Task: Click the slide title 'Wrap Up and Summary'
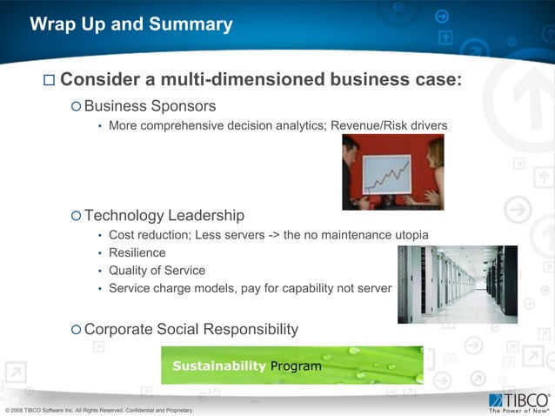click(x=131, y=24)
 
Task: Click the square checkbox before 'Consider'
click(x=49, y=81)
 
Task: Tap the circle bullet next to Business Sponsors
click(x=76, y=107)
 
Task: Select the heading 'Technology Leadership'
click(x=164, y=215)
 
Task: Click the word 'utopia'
click(x=408, y=236)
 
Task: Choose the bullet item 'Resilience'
click(x=137, y=253)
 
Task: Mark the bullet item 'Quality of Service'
click(x=157, y=271)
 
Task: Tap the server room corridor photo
click(x=458, y=284)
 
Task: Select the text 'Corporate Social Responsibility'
click(x=191, y=329)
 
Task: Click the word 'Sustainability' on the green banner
click(x=218, y=366)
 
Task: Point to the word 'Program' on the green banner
click(x=296, y=366)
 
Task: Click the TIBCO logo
click(x=518, y=401)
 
